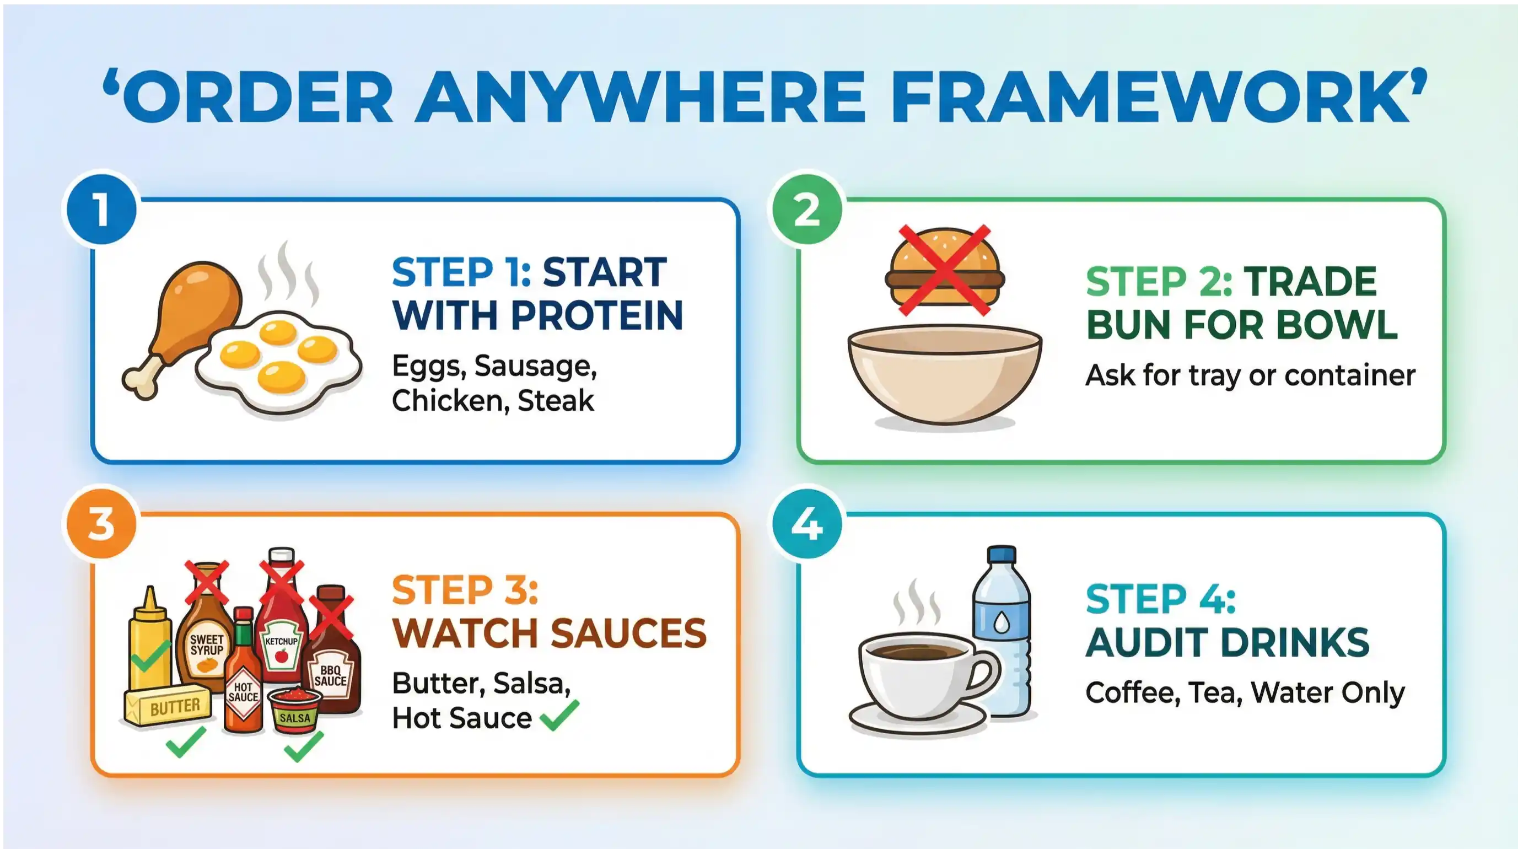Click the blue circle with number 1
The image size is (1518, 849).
tap(102, 209)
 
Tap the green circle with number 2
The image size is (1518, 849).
tap(808, 209)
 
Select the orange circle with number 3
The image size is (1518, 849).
tap(102, 524)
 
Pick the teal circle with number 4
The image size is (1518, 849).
tap(808, 524)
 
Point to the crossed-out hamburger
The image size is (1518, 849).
tap(945, 271)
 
